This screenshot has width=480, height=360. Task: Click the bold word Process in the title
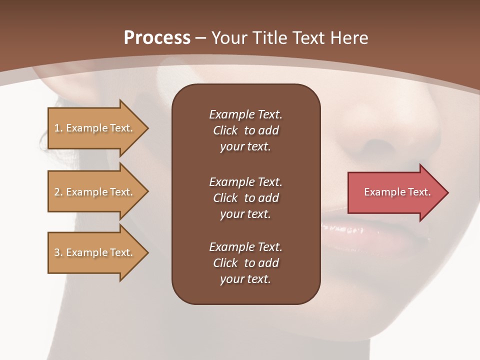coord(157,38)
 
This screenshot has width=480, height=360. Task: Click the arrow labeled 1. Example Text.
coord(95,128)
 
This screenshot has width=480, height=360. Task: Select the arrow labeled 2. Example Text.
coord(95,192)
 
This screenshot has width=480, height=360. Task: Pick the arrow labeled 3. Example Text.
coord(95,252)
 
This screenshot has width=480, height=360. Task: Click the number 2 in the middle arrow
coord(57,192)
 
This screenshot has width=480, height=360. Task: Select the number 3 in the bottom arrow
coord(57,252)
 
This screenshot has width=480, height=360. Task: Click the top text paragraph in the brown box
coord(245,130)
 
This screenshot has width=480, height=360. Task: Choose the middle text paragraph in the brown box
coord(245,198)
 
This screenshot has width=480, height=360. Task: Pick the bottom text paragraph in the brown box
coord(245,263)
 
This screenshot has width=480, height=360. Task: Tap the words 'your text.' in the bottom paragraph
coord(245,279)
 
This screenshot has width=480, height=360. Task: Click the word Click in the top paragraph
coord(225,130)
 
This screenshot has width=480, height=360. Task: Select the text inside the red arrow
coord(397,192)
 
